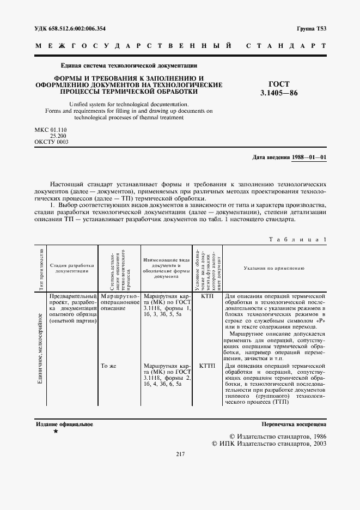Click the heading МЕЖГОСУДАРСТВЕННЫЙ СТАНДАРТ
[x=180, y=47]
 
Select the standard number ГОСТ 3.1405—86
[x=279, y=88]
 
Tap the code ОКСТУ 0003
[x=52, y=142]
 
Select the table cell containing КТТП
[x=208, y=366]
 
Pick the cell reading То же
[x=109, y=366]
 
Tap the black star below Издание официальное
[x=56, y=432]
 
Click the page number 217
[x=181, y=454]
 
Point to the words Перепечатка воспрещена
[x=294, y=423]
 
